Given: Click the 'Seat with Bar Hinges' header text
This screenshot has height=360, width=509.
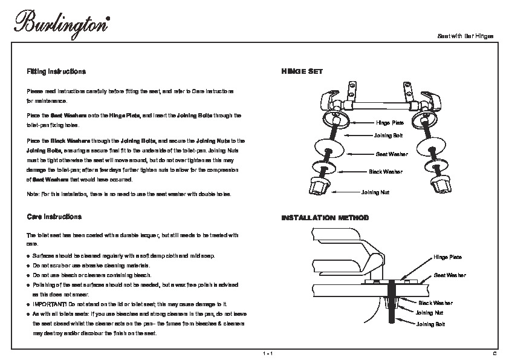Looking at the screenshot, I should (x=465, y=36).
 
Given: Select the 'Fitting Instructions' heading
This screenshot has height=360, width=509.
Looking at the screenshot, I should (x=56, y=71).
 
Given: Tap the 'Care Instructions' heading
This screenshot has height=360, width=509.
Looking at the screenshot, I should (x=54, y=216).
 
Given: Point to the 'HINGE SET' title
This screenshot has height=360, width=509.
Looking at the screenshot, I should (x=302, y=71).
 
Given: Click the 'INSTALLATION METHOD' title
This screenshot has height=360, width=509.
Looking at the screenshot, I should (x=325, y=217).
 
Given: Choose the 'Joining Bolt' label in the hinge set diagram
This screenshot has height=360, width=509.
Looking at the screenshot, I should (x=388, y=136).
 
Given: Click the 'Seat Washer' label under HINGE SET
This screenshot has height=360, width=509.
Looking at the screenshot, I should (x=392, y=154).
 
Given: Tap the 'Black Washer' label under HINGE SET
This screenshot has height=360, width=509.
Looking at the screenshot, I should (x=386, y=172).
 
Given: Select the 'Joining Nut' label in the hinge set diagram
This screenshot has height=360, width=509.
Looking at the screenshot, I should (x=375, y=191).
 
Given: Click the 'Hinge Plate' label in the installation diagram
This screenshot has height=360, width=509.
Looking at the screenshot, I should (x=447, y=257).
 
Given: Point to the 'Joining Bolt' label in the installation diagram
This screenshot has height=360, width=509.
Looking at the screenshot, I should (x=429, y=324).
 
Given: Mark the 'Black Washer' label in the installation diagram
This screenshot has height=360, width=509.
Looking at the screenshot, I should (x=435, y=303).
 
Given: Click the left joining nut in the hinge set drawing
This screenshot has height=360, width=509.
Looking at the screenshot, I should (x=319, y=186).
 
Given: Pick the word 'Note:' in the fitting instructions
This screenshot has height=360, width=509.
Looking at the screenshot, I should (x=33, y=194).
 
